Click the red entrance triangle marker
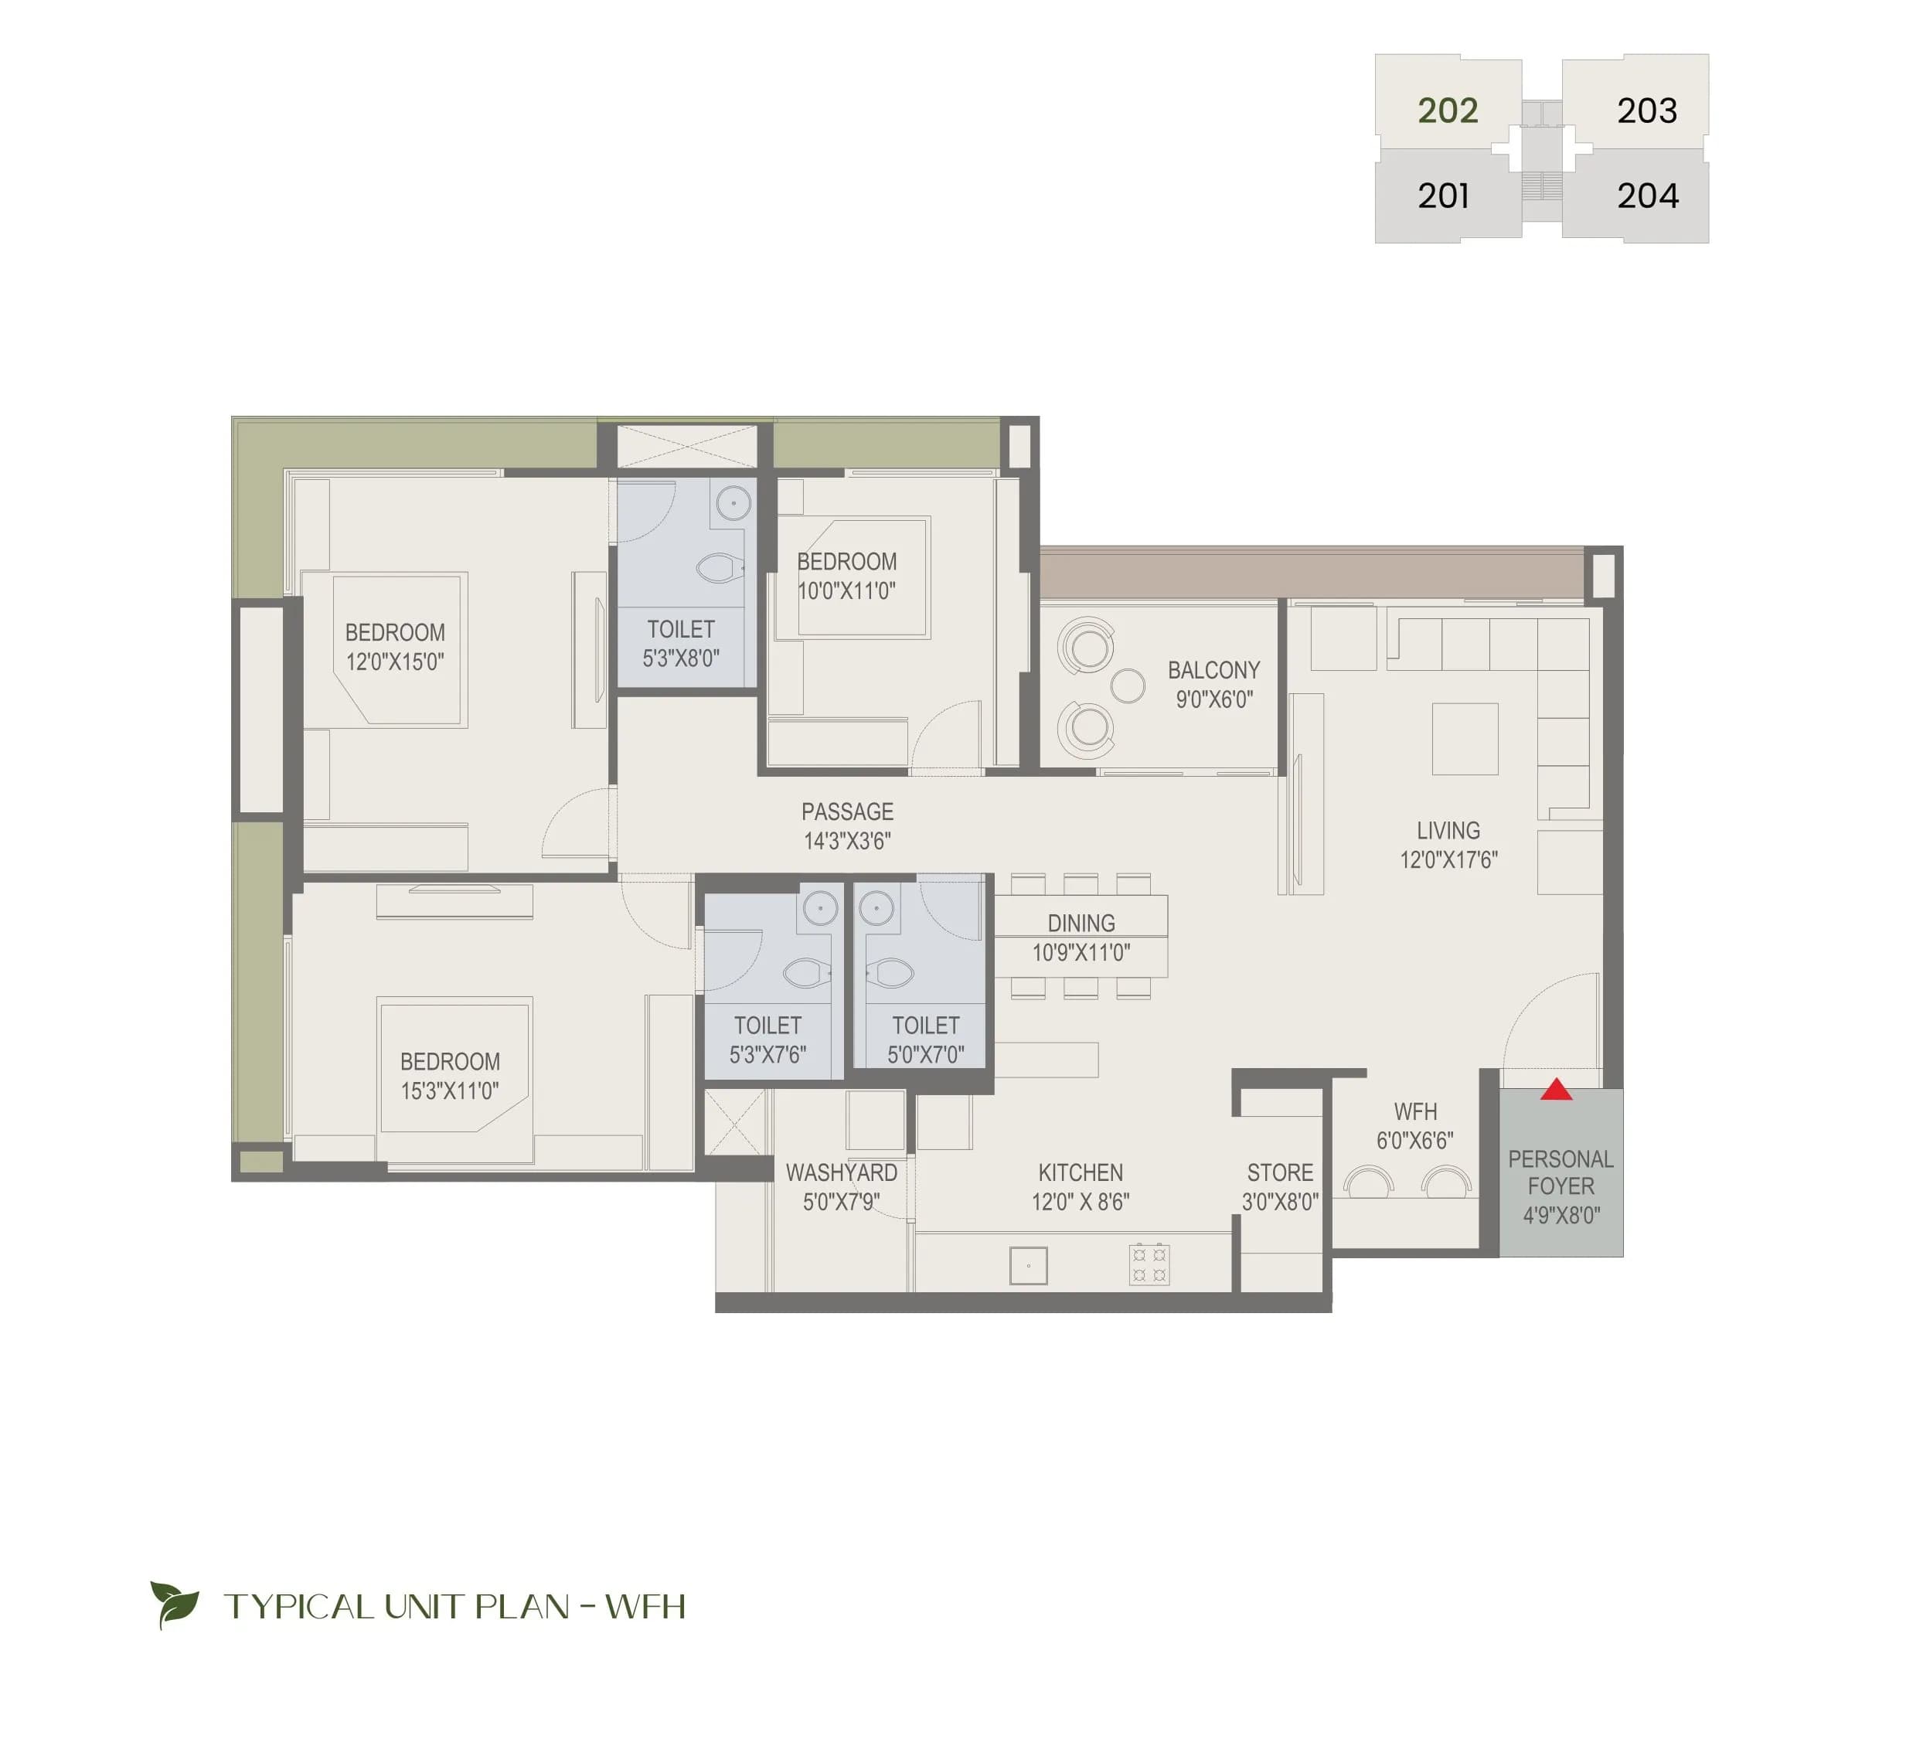1556,1091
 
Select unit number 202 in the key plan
1447,111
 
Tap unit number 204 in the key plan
1647,196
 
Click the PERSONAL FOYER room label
1561,1172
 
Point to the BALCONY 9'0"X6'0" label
1213,684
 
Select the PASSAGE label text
847,812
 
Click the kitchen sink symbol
1028,1265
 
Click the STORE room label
1279,1172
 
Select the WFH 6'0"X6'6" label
1415,1125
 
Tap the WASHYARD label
842,1172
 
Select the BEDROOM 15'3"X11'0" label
450,1076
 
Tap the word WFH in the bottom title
645,1607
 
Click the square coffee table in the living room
1464,739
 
